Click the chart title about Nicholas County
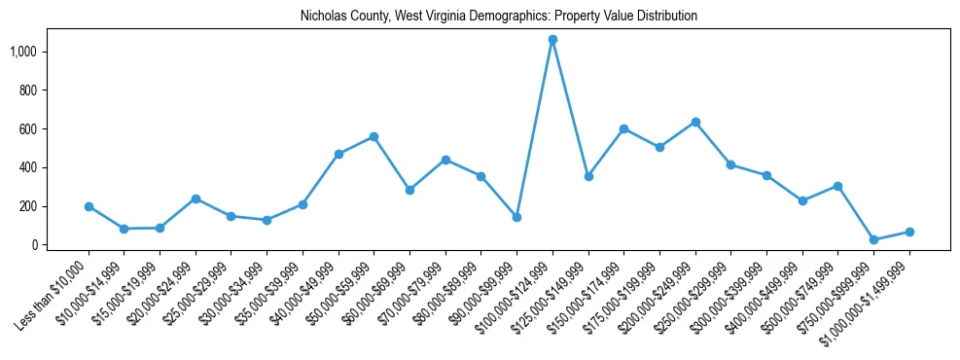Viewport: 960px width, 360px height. point(480,17)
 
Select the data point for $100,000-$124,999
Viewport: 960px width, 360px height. point(552,40)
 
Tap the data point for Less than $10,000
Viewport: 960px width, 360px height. point(89,206)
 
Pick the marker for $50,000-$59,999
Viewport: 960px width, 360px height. point(373,137)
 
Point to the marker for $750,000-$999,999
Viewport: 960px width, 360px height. point(873,239)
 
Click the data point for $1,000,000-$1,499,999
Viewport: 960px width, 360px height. point(909,232)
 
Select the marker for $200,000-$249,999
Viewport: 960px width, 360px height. point(695,122)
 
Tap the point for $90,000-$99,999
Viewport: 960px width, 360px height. point(516,217)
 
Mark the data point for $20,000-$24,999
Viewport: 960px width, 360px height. point(196,198)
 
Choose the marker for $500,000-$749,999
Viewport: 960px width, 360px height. point(837,186)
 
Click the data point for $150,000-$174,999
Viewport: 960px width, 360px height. point(623,128)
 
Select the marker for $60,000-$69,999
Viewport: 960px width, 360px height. point(409,190)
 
